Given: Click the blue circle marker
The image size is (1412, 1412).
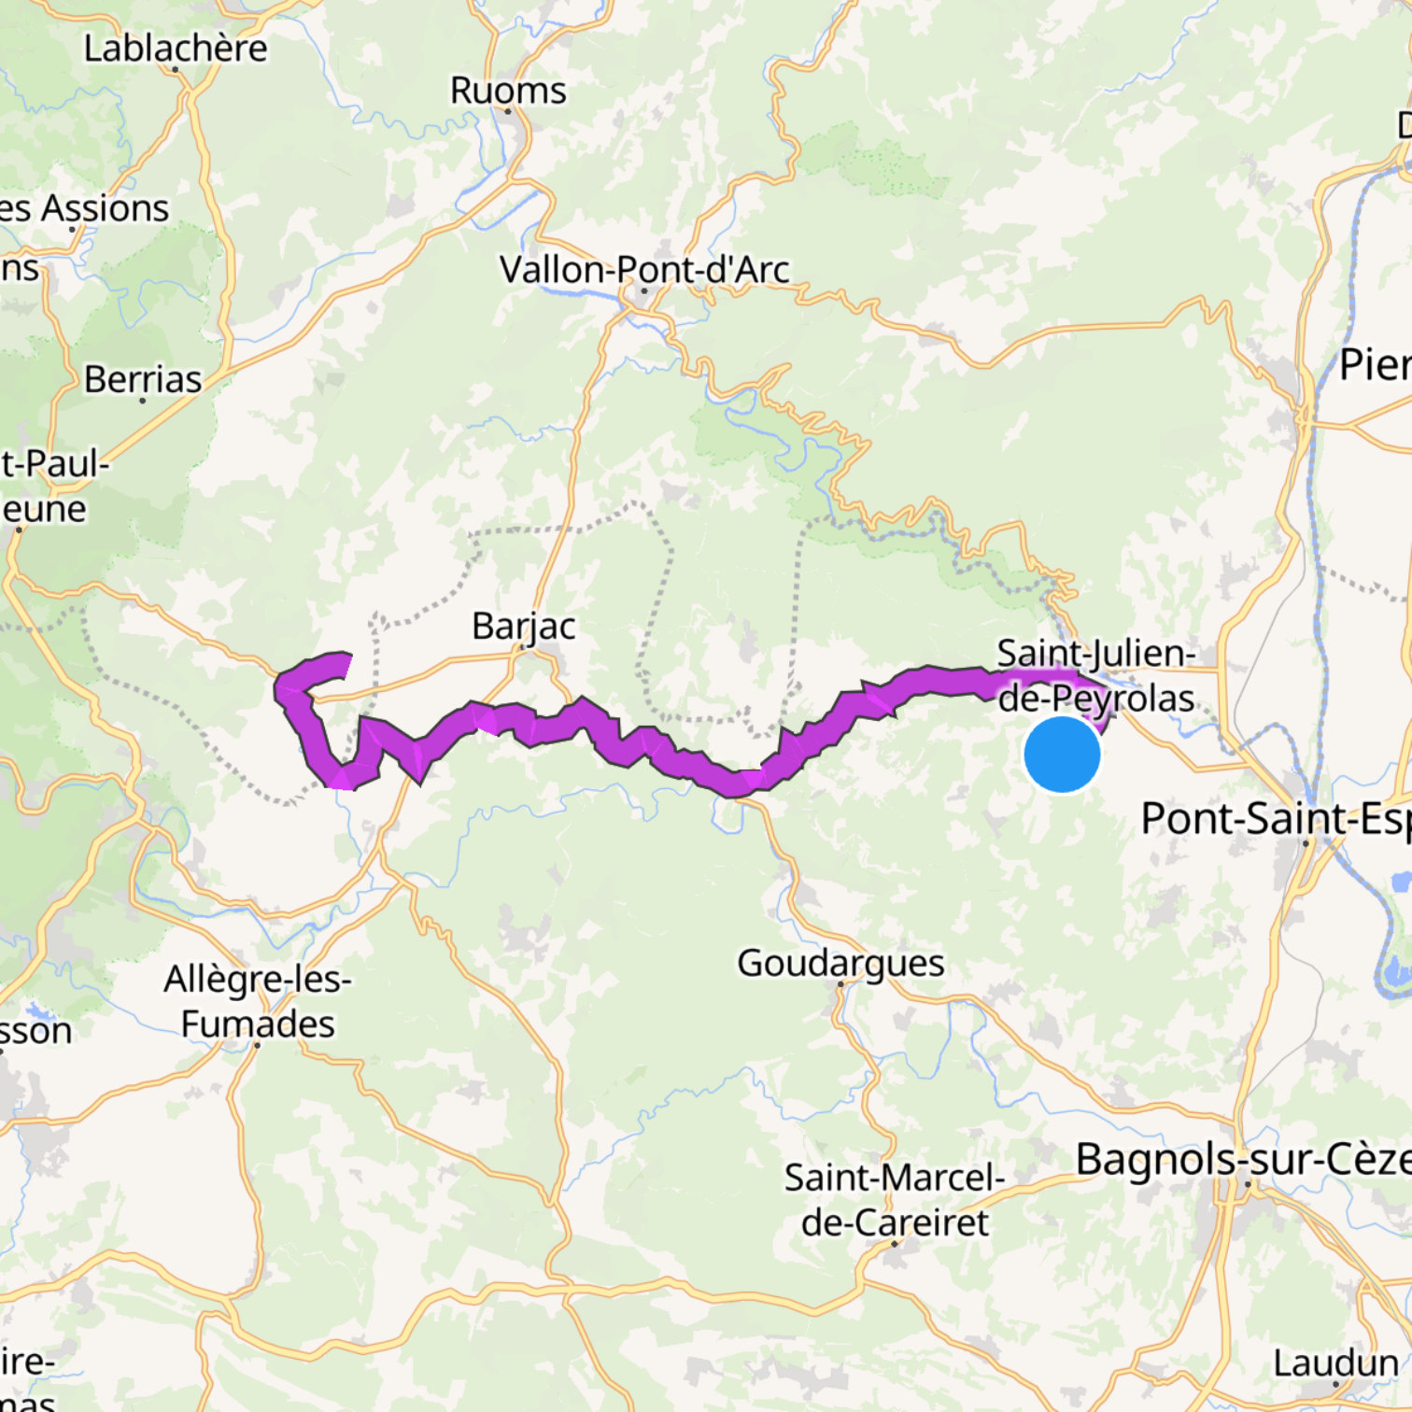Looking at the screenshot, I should (x=1062, y=755).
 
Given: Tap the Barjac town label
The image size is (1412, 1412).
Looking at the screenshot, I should (x=523, y=626).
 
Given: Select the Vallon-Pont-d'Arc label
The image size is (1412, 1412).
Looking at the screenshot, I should (x=644, y=270).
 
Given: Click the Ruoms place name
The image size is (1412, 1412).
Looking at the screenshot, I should (x=508, y=91).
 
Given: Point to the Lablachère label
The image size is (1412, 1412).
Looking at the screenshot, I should (x=176, y=49).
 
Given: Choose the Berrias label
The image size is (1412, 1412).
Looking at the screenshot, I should (x=143, y=379).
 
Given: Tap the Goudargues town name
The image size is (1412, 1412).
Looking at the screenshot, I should (x=840, y=963).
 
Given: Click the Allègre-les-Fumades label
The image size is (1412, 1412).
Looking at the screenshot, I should (x=258, y=1001).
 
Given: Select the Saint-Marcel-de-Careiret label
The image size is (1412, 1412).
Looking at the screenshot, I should (x=895, y=1200).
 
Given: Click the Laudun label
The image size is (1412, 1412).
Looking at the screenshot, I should (x=1335, y=1363).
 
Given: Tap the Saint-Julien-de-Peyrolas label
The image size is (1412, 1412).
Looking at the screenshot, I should (x=1096, y=675).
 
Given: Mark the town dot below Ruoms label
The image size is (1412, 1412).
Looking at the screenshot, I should (x=508, y=111).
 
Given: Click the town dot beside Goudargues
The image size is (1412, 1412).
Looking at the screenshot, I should (x=840, y=983).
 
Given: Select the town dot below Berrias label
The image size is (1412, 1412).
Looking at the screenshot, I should (x=142, y=401).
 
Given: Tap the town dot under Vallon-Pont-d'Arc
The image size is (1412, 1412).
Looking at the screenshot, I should (x=643, y=290).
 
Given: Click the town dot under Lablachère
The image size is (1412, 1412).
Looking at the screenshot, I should (x=176, y=69).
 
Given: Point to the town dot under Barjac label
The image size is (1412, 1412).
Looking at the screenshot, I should (x=523, y=646).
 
